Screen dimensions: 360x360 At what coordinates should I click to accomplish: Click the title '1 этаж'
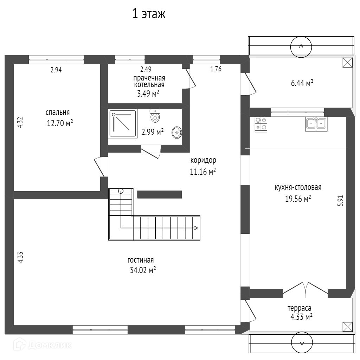coord(149,14)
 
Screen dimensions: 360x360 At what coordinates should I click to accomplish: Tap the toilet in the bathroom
coord(155,115)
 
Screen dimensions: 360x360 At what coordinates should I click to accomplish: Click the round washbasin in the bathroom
coord(177,132)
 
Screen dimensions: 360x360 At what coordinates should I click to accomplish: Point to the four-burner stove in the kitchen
coord(261,124)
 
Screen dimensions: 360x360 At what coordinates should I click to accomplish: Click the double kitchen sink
coord(316,123)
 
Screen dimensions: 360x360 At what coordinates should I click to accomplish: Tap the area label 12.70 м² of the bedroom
coord(60,123)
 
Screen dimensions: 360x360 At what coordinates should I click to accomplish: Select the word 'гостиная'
coord(141,260)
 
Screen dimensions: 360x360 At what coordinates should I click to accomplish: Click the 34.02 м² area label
coord(143,270)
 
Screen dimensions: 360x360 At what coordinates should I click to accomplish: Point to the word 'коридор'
coord(203,160)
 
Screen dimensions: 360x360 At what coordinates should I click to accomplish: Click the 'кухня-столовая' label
coord(298,187)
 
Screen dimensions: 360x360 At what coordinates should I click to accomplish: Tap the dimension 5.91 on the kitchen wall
coord(340,200)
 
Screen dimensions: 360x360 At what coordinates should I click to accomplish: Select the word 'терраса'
coord(300,308)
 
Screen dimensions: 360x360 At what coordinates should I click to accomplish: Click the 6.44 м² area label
coord(302,83)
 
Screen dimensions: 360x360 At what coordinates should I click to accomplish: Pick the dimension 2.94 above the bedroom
coord(56,70)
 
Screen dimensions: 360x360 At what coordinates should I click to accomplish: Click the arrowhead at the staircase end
coord(196,228)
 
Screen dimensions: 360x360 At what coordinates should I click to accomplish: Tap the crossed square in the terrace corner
coord(347,327)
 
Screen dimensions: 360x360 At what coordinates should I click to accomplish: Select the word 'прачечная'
coord(149,78)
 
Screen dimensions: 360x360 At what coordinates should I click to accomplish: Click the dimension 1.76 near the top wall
coord(216,69)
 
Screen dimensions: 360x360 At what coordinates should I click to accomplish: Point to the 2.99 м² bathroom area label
coord(153,132)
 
